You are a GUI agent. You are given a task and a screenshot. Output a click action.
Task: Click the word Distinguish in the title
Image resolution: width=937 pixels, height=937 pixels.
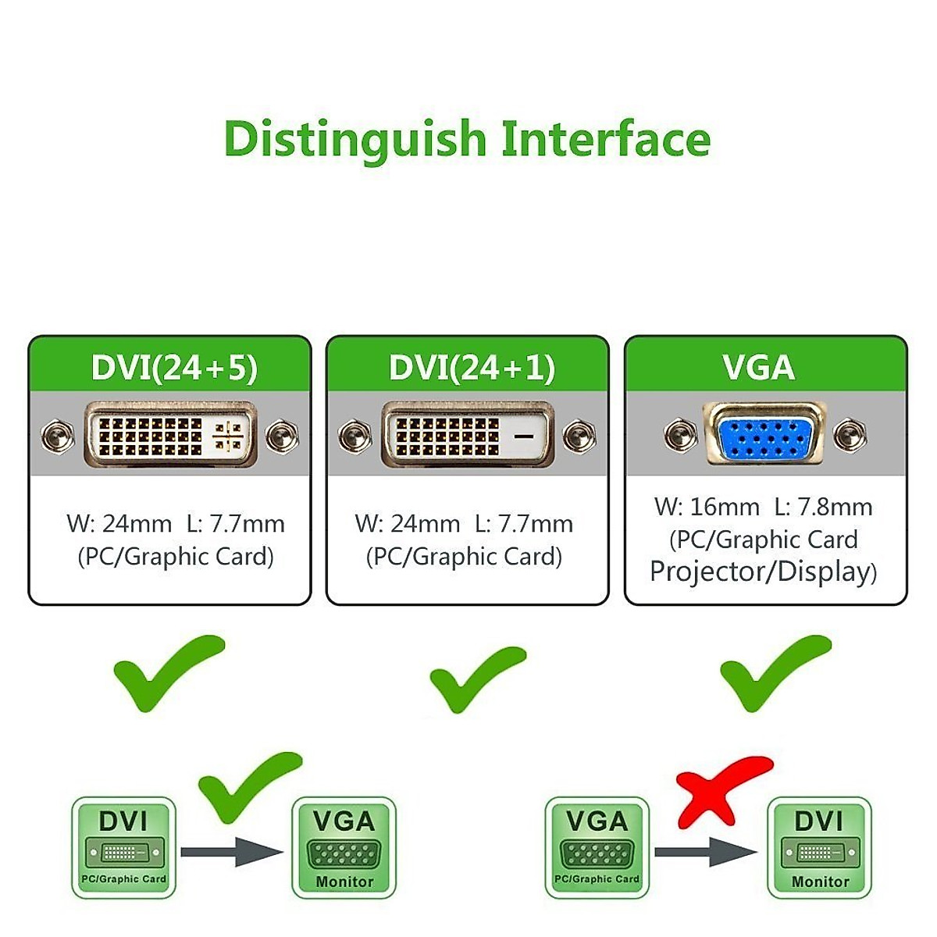(x=355, y=140)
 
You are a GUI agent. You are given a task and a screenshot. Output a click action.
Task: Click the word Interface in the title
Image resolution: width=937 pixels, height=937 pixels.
(x=606, y=140)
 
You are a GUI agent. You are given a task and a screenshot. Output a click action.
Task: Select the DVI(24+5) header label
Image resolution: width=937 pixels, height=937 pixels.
(x=174, y=368)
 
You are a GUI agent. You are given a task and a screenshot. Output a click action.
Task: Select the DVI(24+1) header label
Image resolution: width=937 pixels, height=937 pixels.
(x=472, y=368)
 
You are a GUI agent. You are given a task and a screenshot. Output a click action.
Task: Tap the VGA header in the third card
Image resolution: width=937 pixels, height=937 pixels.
(x=758, y=368)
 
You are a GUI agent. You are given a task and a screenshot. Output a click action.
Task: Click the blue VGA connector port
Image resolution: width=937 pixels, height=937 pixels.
(x=764, y=434)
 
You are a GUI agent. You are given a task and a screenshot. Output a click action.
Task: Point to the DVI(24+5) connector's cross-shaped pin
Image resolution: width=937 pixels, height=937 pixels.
(x=228, y=436)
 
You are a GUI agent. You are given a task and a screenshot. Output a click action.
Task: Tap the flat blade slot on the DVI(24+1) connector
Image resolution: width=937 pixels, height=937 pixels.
(x=524, y=436)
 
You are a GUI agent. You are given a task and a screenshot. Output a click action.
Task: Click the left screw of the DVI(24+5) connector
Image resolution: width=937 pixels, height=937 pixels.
(x=58, y=436)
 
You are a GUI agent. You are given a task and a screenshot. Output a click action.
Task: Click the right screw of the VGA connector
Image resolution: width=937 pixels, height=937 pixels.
(x=849, y=435)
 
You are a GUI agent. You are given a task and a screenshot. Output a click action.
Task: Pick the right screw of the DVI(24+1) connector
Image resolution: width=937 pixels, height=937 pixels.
(x=579, y=436)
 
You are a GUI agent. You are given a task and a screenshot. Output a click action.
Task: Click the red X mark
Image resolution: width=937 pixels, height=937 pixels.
(x=720, y=790)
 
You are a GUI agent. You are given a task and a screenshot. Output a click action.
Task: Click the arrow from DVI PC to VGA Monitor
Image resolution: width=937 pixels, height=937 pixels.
(x=232, y=851)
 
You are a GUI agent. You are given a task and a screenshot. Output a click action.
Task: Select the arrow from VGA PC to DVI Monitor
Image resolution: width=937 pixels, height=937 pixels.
(x=705, y=851)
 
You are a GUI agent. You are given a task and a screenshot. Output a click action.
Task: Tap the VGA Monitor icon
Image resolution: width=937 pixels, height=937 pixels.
(x=344, y=848)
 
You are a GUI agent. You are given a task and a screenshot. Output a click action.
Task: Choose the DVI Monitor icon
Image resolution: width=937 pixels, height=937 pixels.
(x=819, y=848)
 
